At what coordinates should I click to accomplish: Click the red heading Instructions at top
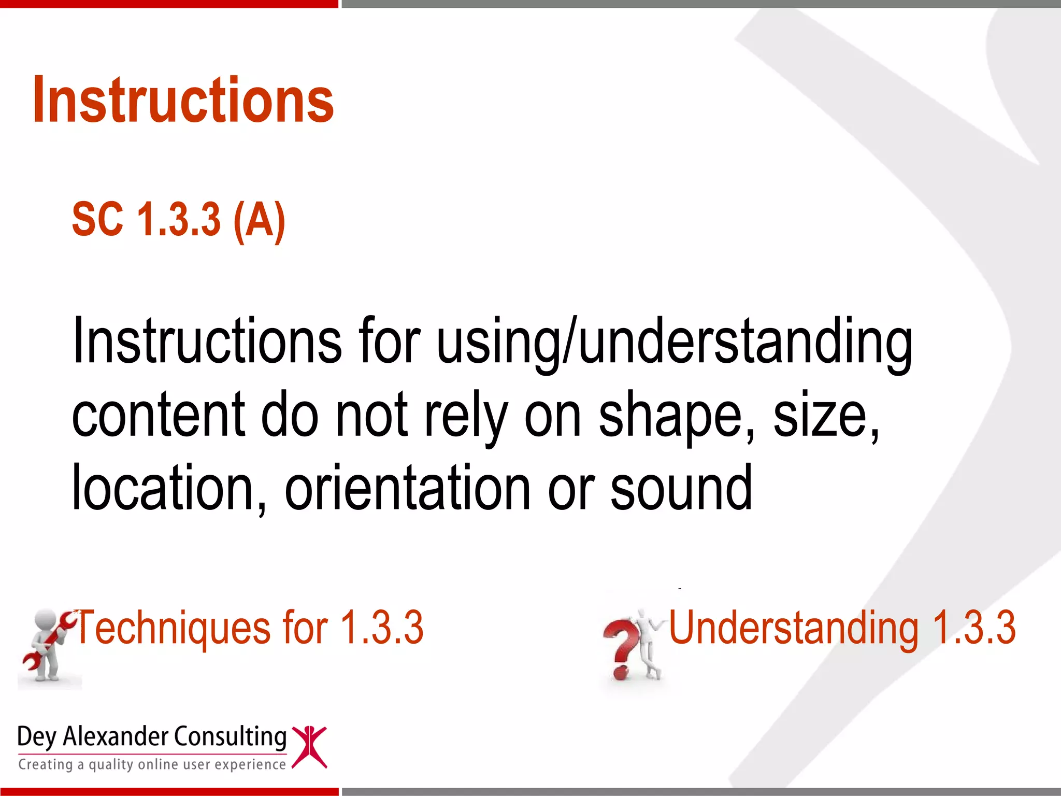[183, 100]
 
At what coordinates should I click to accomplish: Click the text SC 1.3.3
[146, 220]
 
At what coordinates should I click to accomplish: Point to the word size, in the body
[826, 416]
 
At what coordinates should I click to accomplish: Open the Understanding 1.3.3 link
[842, 628]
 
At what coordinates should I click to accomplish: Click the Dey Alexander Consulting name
[151, 737]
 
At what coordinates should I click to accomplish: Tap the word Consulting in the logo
[230, 737]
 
